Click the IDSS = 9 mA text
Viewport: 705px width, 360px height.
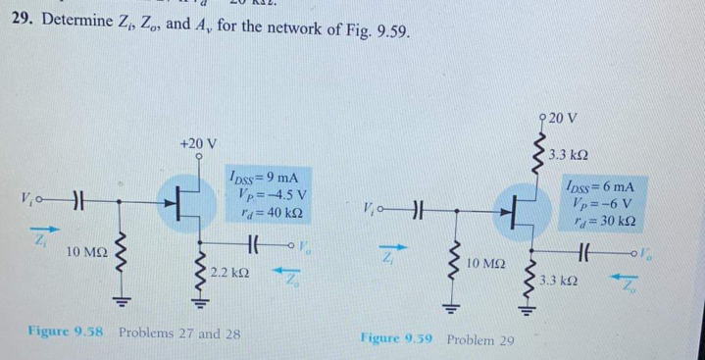(x=262, y=178)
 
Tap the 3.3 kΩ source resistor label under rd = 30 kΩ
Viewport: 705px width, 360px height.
(x=560, y=282)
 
